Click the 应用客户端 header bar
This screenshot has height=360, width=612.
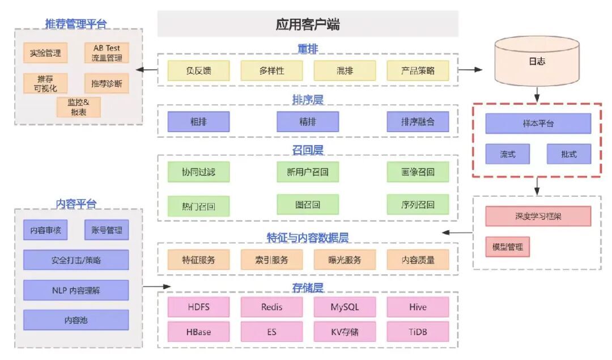tap(308, 24)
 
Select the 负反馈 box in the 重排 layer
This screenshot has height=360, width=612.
tap(198, 71)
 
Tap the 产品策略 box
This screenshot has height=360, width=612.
tap(418, 71)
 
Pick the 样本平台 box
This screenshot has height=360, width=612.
tap(538, 123)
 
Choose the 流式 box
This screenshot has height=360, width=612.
tap(507, 154)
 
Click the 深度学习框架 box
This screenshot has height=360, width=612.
tap(538, 216)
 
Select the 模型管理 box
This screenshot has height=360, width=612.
tap(507, 247)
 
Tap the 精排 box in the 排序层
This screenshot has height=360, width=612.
tap(308, 121)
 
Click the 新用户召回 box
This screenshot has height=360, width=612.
tap(308, 172)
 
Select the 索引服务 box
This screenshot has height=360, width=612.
tap(271, 260)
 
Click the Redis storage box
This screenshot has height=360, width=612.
tap(271, 307)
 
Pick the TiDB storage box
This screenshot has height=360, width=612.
tap(418, 332)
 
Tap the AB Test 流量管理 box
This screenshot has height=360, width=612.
tap(107, 53)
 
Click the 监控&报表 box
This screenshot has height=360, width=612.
tap(79, 107)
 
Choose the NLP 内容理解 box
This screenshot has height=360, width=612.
tap(76, 290)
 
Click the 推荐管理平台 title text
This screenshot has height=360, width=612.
tap(76, 24)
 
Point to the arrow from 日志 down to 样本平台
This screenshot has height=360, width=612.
tap(537, 94)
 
